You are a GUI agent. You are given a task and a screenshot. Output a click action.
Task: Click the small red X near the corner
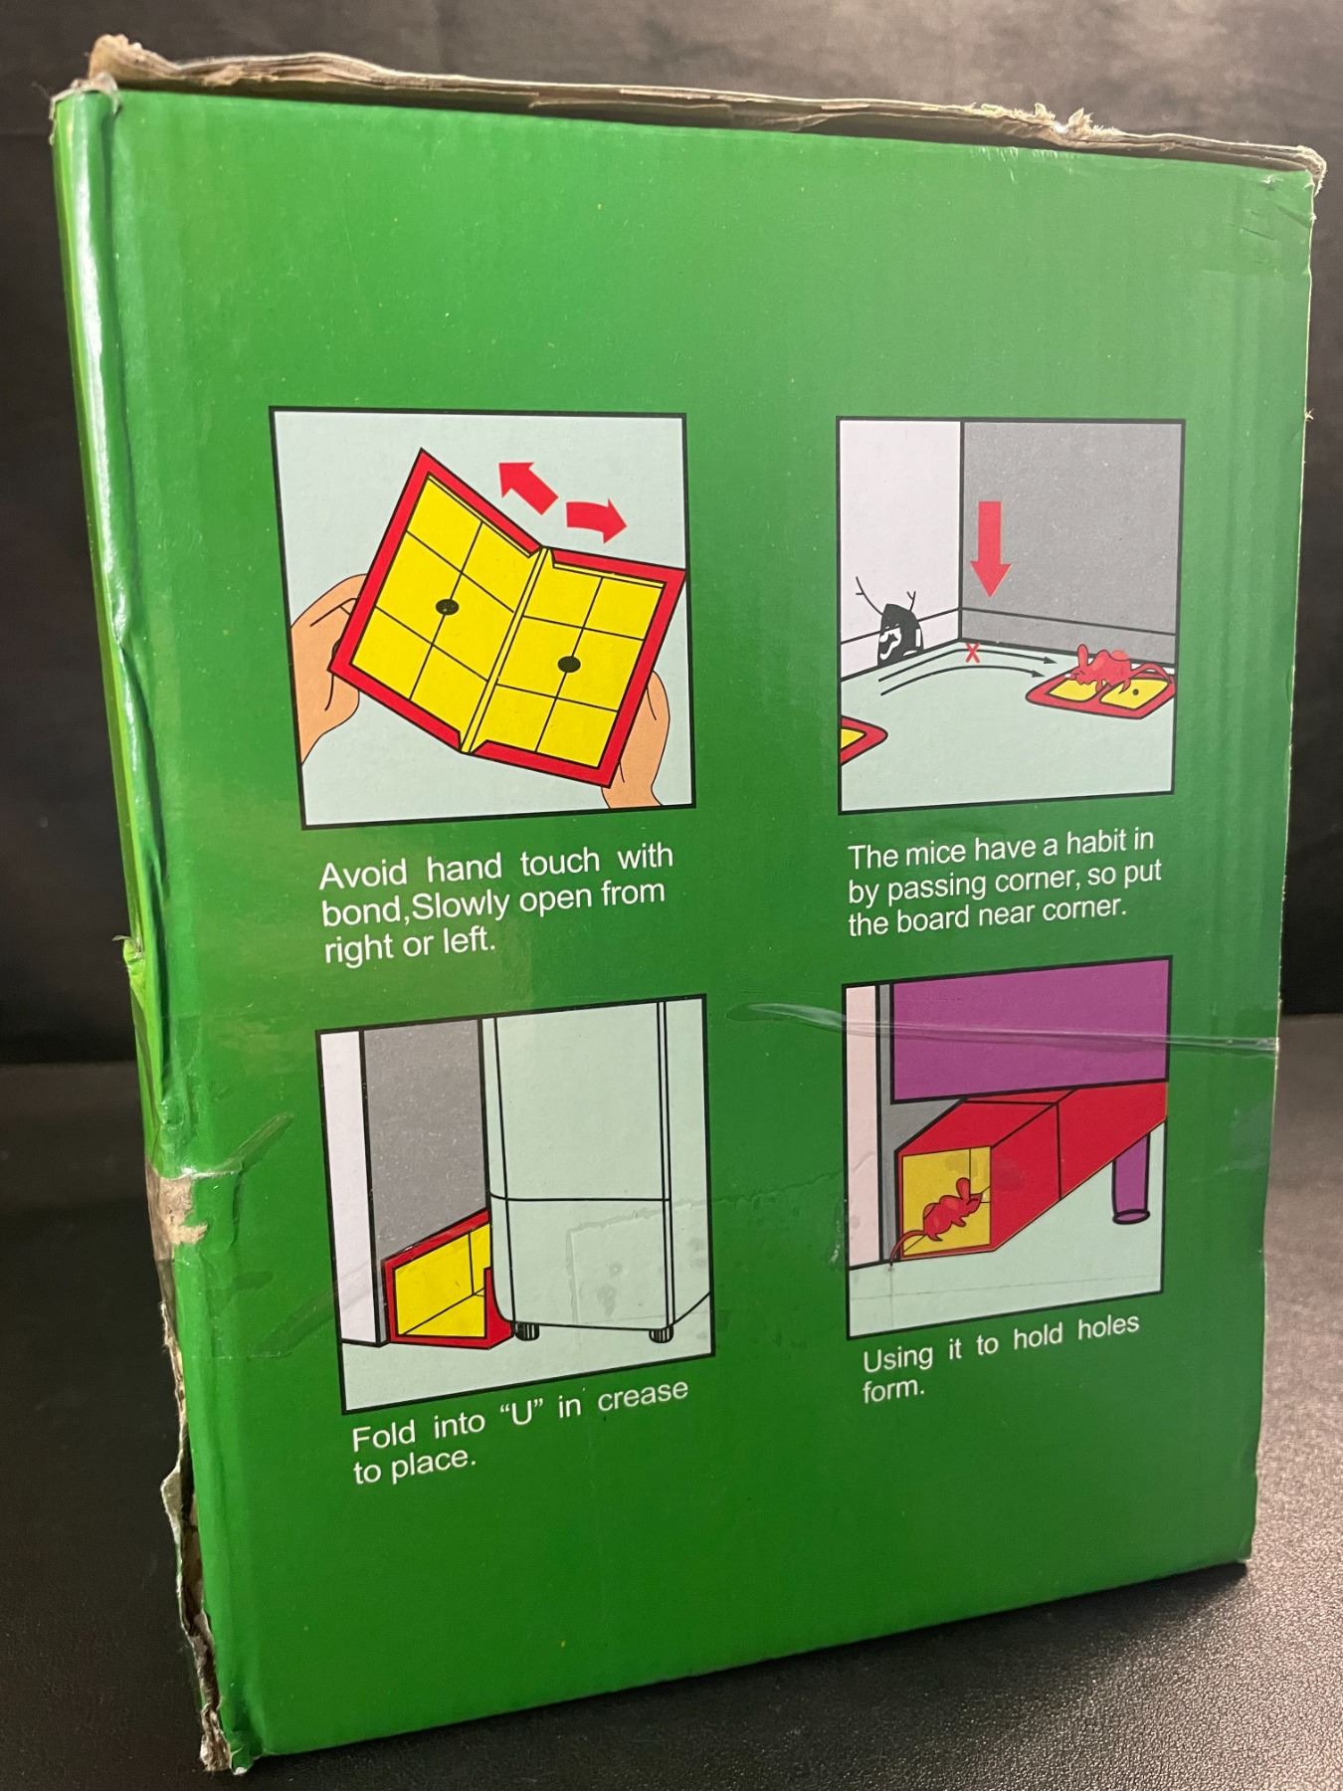pyautogui.click(x=972, y=653)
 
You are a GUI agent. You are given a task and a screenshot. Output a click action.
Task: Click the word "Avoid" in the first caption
pyautogui.click(x=363, y=875)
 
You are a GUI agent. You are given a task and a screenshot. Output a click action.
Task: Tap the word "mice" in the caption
pyautogui.click(x=935, y=854)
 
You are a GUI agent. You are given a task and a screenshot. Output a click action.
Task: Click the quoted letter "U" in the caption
pyautogui.click(x=516, y=1414)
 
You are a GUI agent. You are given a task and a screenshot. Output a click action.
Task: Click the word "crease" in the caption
pyautogui.click(x=642, y=1396)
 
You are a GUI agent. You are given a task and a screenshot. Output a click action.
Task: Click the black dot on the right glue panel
pyautogui.click(x=568, y=663)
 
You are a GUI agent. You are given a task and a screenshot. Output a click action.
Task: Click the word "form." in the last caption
pyautogui.click(x=893, y=1389)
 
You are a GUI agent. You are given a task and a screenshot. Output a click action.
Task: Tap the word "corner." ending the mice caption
pyautogui.click(x=1083, y=908)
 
